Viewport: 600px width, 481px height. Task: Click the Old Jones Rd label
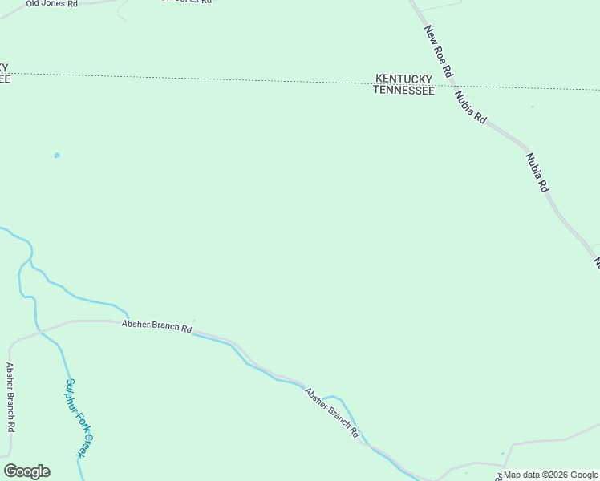52,4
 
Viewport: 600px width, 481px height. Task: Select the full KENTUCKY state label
404,79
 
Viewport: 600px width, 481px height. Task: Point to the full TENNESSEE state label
404,91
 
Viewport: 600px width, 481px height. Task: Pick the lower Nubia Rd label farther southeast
537,172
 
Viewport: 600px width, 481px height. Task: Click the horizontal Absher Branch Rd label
156,327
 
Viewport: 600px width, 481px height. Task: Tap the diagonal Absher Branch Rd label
331,412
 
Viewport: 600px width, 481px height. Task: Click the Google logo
26,471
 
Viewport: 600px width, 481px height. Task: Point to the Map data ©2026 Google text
550,475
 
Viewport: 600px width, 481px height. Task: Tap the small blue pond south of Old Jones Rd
57,156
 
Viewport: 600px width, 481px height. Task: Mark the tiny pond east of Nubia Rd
533,107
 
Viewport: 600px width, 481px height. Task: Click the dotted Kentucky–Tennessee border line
241,79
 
